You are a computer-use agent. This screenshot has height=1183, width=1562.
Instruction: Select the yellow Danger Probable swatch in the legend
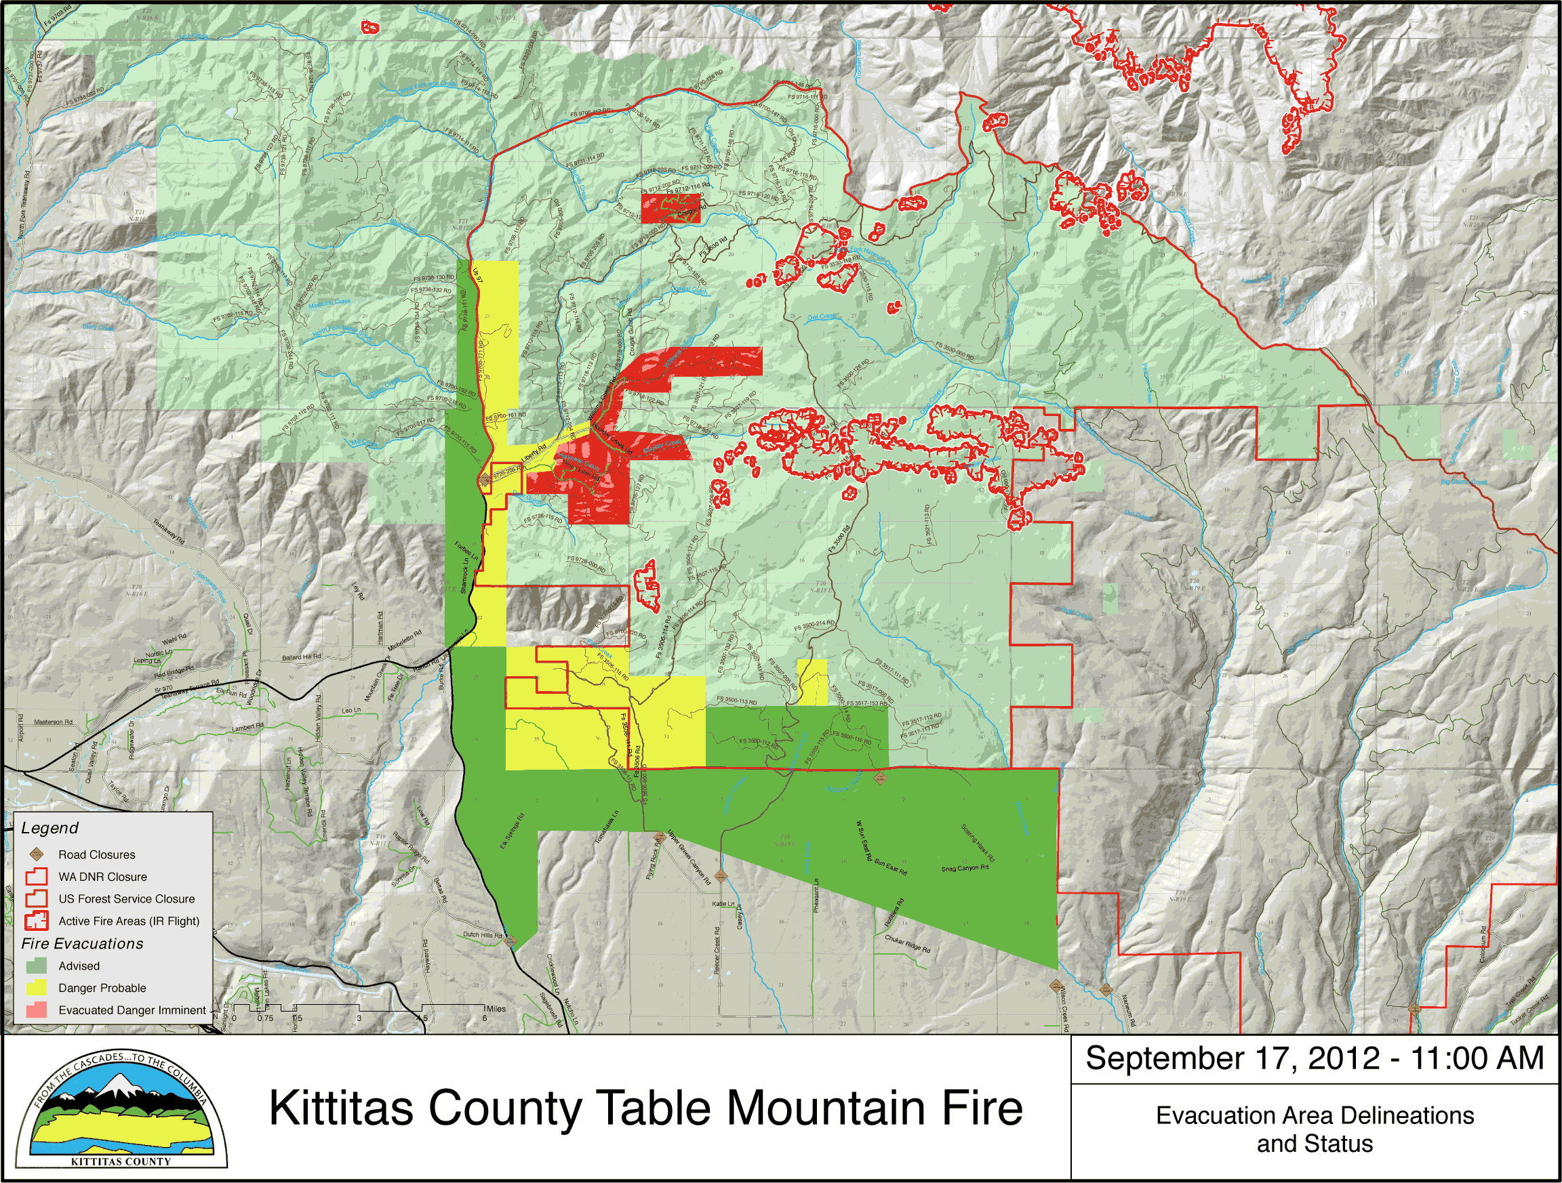tap(37, 987)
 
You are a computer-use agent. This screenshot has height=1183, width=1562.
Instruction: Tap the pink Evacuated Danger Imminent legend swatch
tap(37, 1010)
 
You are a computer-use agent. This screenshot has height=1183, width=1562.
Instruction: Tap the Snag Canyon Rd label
tap(965, 868)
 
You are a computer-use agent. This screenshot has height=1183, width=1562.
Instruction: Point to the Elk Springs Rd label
tap(513, 831)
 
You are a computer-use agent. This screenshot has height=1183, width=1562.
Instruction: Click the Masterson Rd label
tap(54, 722)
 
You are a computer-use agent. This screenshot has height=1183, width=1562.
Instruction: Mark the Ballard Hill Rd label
tap(302, 657)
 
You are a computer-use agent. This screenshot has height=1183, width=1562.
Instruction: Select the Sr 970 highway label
tap(163, 688)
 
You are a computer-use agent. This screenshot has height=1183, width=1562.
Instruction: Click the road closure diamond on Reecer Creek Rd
tap(720, 877)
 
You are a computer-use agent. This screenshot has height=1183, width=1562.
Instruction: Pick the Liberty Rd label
tap(534, 453)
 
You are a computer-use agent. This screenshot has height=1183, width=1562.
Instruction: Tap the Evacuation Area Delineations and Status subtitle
tap(1314, 1129)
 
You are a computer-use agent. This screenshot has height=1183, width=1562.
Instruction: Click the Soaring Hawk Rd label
tap(978, 842)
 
